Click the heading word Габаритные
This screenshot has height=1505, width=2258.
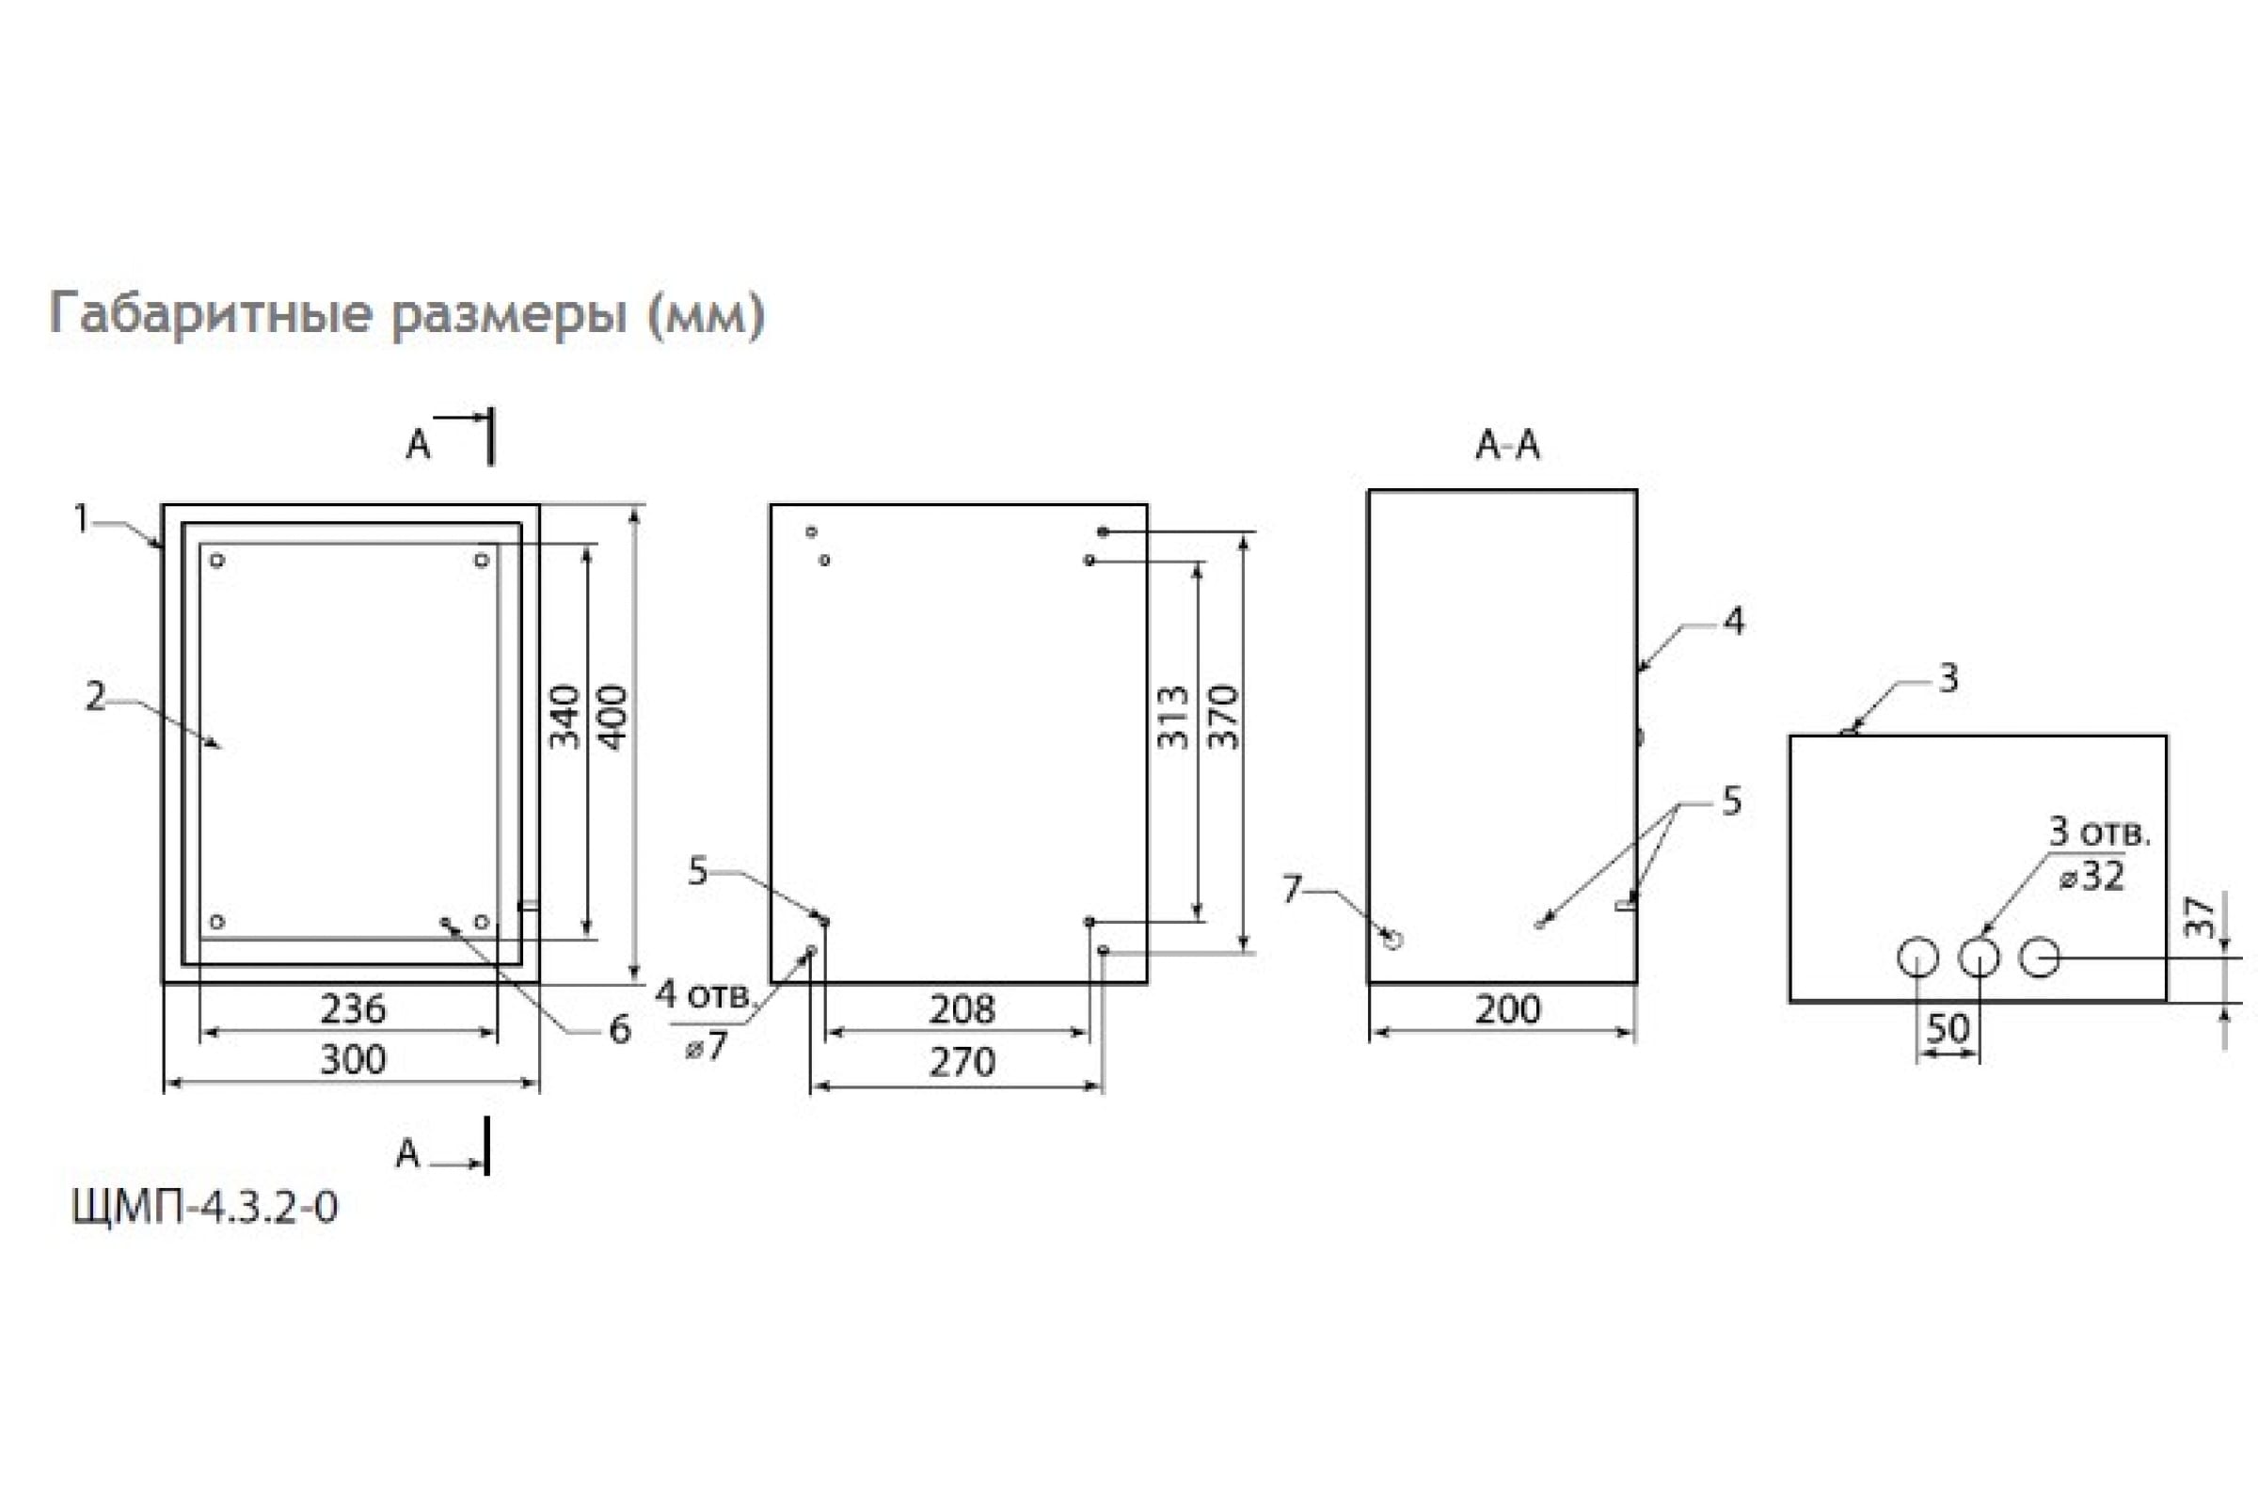[210, 314]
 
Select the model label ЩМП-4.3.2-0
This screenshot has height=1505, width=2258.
[204, 1208]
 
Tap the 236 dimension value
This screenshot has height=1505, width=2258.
[352, 1008]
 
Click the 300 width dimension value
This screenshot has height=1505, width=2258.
[352, 1060]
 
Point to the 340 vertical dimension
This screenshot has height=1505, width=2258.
[564, 717]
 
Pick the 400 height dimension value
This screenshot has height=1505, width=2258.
[612, 717]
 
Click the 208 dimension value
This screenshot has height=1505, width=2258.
[962, 1008]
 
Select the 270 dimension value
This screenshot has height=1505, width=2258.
[962, 1062]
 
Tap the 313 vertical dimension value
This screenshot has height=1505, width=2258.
[1173, 717]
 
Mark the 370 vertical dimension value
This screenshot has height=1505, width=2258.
[1224, 717]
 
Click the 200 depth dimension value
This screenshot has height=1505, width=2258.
[1507, 1008]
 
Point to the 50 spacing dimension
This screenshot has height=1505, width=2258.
[1948, 1029]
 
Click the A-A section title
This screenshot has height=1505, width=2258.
[1507, 444]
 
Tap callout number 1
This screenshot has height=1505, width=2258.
[83, 519]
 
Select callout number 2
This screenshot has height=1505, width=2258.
[95, 697]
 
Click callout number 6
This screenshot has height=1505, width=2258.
[620, 1030]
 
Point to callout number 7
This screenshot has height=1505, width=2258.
[1292, 890]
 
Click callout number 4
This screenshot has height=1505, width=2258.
[1734, 621]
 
